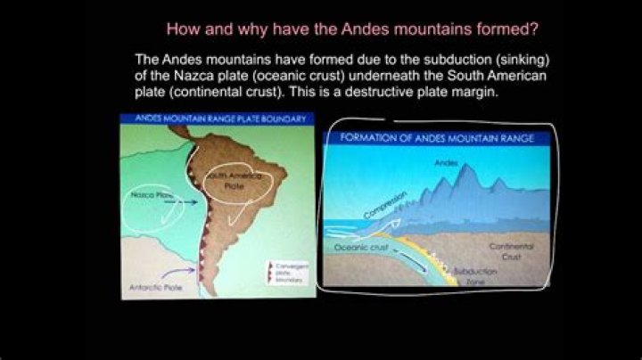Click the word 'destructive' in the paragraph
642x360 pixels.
pyautogui.click(x=384, y=92)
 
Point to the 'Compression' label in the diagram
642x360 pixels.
pyautogui.click(x=385, y=205)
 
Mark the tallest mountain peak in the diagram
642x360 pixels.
pyautogui.click(x=461, y=174)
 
